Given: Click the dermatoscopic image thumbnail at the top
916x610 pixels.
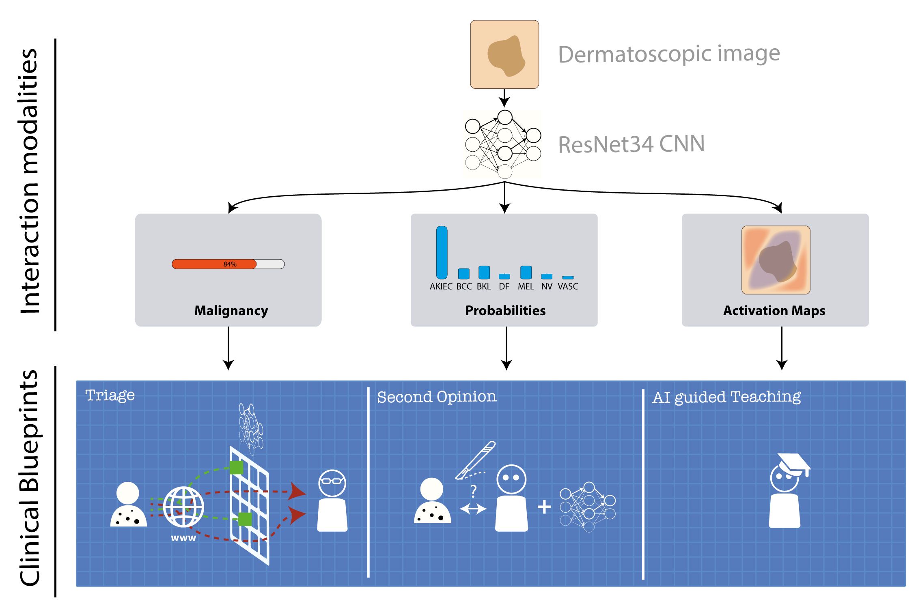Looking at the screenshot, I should pos(504,54).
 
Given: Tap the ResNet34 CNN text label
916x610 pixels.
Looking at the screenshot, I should pos(631,144).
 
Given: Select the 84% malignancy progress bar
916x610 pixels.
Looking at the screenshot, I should pos(228,264).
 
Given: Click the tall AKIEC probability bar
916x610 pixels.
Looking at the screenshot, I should pos(442,252).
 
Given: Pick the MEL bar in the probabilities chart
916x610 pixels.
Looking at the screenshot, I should pos(526,272).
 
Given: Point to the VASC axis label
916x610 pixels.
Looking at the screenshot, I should pos(567,286).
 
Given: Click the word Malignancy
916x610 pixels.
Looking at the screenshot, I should pos(231,311).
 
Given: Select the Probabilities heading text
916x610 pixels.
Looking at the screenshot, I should pos(505,311).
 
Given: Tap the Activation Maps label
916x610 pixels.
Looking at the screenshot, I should pos(774,311).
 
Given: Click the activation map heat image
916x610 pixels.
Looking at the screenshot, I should pos(776,260).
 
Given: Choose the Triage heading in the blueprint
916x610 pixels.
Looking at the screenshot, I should pos(110,395).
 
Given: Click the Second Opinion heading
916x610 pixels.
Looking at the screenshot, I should pos(436,397).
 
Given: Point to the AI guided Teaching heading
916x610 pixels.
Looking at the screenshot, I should pos(726,397).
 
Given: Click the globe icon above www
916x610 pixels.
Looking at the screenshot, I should pos(183,506).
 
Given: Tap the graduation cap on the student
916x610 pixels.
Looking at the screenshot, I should pos(793,464).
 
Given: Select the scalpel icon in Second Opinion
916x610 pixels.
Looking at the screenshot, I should pos(476,460).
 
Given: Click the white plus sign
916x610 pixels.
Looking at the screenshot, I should pos(544,507).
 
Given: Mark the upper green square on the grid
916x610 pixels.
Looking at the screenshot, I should pos(236,467).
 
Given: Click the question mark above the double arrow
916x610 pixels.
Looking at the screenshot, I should pos(473,492).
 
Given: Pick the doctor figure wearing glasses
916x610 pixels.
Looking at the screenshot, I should pos(332,500).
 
